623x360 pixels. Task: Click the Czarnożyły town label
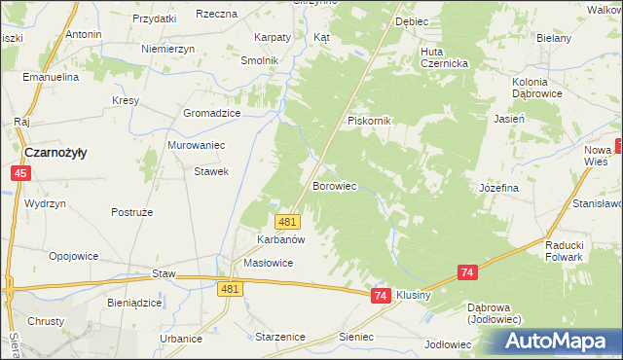(x=55, y=153)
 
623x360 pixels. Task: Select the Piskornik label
(x=369, y=121)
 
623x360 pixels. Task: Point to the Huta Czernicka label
(x=445, y=57)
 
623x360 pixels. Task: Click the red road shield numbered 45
(x=20, y=172)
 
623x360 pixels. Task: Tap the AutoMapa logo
(x=560, y=342)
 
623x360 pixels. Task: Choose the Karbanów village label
(x=281, y=239)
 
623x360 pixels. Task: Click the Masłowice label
(x=268, y=264)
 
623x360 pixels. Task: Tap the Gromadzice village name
(x=212, y=113)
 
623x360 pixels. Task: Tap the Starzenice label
(x=279, y=336)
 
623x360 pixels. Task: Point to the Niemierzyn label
(x=168, y=49)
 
